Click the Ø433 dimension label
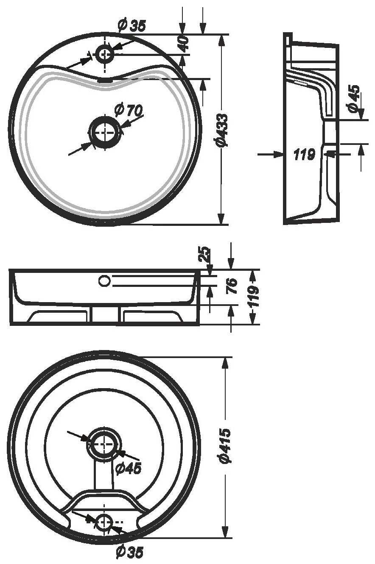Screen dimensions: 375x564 [x=222, y=130]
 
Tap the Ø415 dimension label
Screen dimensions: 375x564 [x=225, y=445]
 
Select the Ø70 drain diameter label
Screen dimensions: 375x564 [x=129, y=110]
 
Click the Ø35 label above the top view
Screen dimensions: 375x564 [x=132, y=26]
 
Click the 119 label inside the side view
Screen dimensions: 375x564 [x=305, y=154]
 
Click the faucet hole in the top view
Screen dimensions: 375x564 [x=105, y=54]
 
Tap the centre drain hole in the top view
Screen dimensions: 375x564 [x=105, y=132]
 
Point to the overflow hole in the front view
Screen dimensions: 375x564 [x=104, y=281]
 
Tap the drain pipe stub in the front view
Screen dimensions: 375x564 [x=105, y=314]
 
